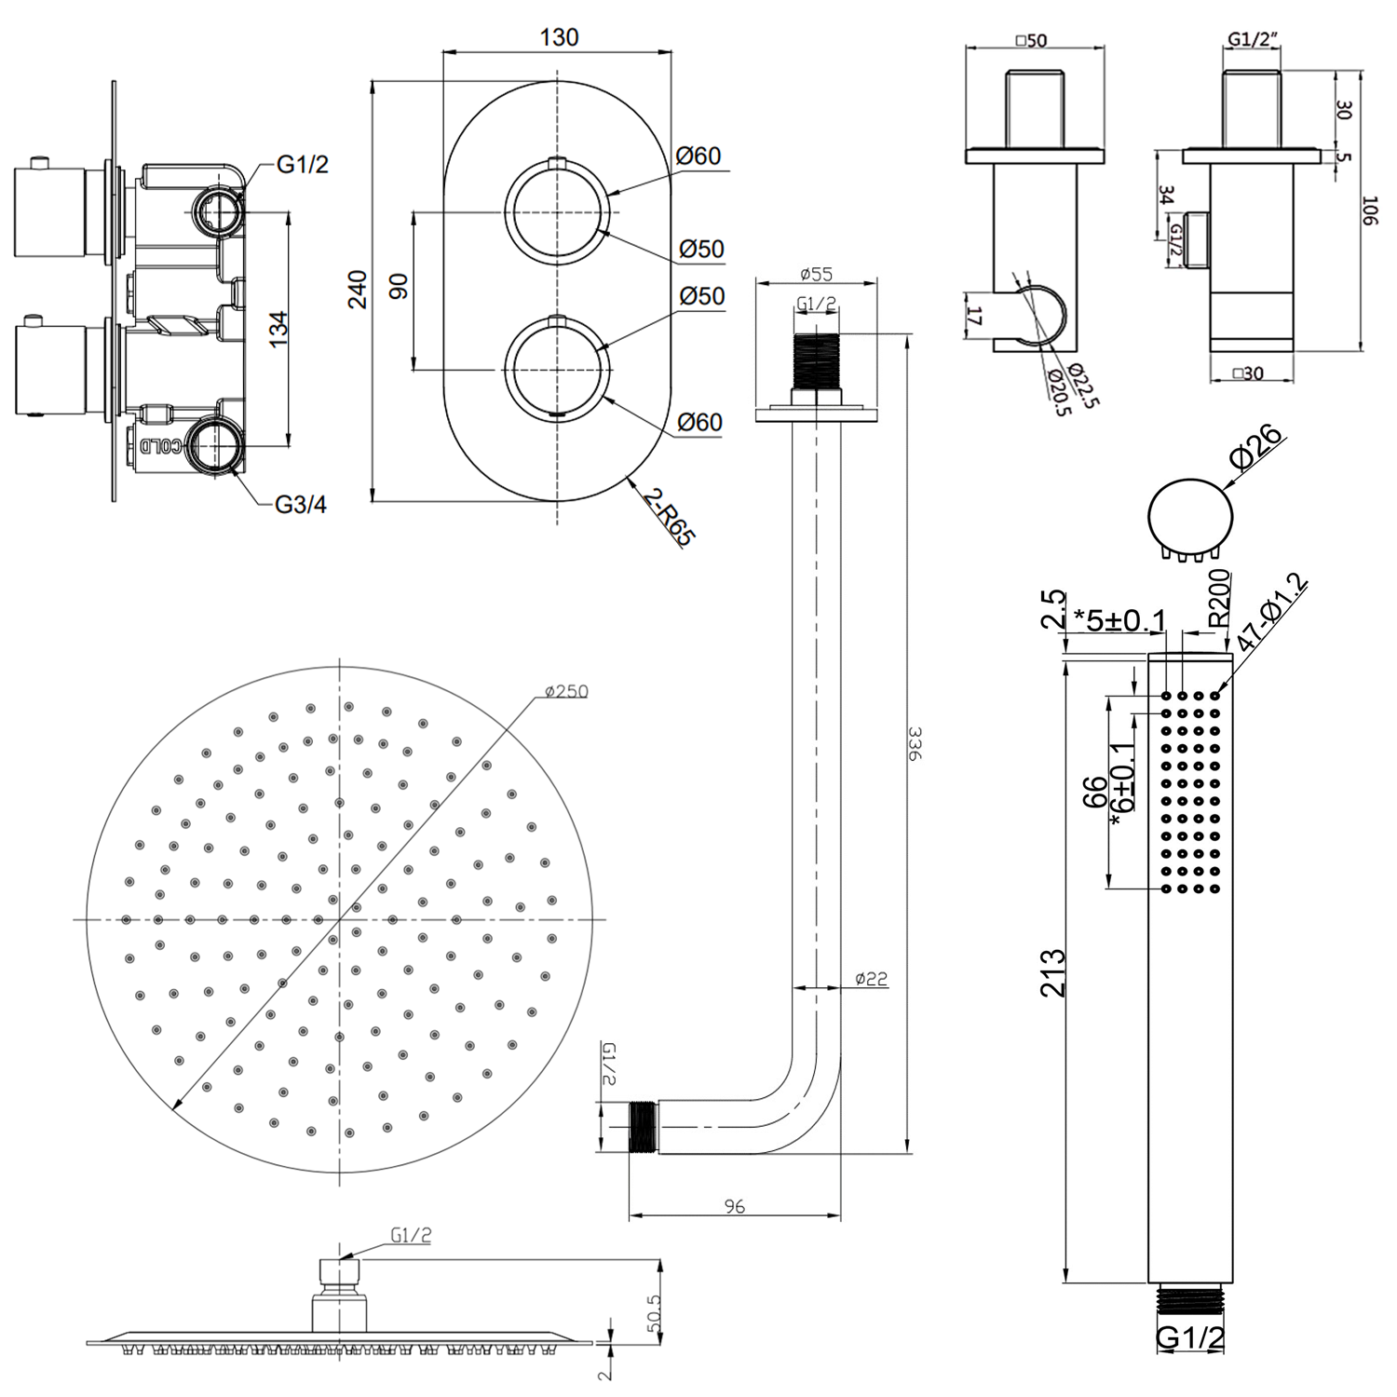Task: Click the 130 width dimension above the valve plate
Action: (x=559, y=37)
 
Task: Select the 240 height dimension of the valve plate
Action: (x=358, y=290)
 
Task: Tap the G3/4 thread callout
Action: (x=301, y=505)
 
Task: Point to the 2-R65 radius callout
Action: (x=669, y=519)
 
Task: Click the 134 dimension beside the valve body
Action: (x=278, y=330)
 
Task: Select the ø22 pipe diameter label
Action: (x=872, y=979)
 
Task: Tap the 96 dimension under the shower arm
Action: (x=735, y=1206)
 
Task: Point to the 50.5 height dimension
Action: (x=654, y=1312)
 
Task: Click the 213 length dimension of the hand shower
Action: (x=1053, y=973)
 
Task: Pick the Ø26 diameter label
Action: (x=1255, y=446)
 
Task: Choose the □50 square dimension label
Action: (x=1031, y=40)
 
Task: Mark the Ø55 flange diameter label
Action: (x=816, y=274)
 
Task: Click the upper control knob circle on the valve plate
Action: (x=558, y=212)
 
